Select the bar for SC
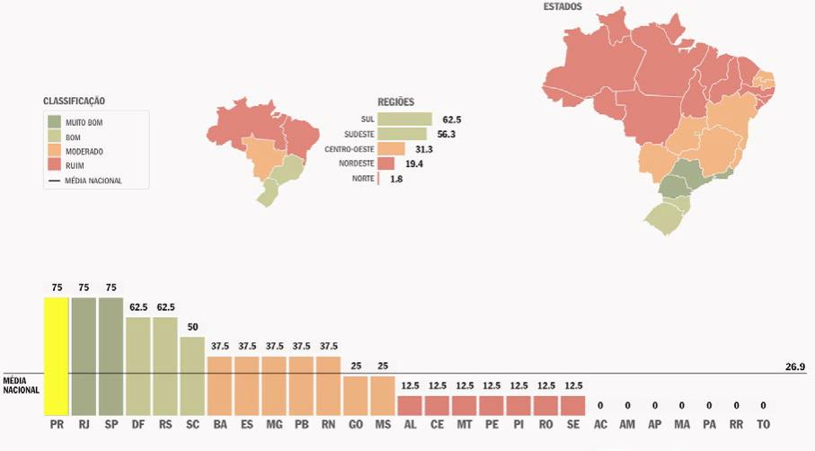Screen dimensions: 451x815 pos(192,375)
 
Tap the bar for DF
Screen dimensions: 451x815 pos(137,365)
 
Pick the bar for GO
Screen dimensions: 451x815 pos(356,394)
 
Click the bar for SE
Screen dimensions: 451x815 pos(573,404)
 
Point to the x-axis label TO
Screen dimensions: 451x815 pos(763,423)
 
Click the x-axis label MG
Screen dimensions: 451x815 pos(274,423)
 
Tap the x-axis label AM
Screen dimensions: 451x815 pos(627,423)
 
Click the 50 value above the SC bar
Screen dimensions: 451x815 pos(192,328)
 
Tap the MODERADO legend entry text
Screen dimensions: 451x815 pos(84,151)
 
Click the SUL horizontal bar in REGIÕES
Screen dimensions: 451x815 pos(404,119)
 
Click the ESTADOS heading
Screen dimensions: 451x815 pos(563,7)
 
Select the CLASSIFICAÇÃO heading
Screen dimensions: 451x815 pos(80,101)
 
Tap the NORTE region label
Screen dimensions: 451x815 pos(362,180)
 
